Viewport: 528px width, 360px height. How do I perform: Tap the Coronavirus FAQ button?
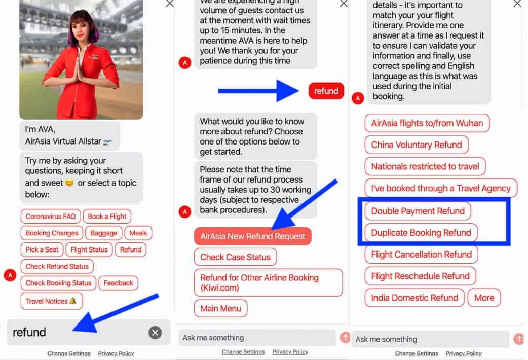coord(51,217)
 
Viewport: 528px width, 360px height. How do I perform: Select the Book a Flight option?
coord(107,217)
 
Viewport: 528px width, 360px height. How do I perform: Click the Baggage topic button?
coord(104,233)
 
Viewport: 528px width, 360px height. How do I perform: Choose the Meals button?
coord(138,233)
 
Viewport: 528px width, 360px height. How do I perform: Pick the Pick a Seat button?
coord(42,250)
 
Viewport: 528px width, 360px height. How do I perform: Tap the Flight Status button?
coord(89,250)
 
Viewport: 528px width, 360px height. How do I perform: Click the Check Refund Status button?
coord(57,266)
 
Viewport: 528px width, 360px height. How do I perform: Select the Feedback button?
coord(118,283)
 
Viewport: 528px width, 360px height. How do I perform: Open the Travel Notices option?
coord(52,301)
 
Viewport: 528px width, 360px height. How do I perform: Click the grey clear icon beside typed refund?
coord(155,332)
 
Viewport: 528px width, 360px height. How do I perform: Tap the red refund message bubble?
coord(326,91)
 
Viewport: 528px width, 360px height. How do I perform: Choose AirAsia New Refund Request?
coord(252,236)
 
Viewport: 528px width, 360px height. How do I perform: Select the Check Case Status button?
coord(236,257)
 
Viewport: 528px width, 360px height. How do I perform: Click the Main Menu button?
coord(220,308)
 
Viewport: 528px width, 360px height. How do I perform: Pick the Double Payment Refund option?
coord(418,211)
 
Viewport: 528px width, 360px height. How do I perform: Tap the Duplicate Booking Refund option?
coord(421,233)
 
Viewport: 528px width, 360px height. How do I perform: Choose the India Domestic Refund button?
coord(414,298)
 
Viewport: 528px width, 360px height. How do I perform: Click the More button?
coord(484,298)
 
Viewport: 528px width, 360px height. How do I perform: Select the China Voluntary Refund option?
coord(417,145)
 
